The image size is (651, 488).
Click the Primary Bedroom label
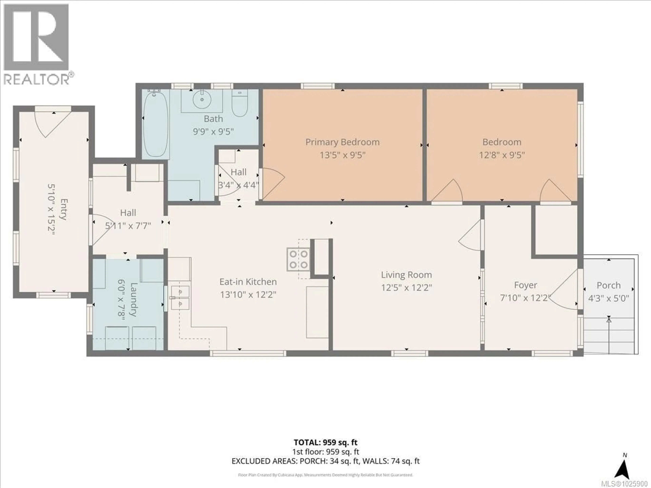(342, 142)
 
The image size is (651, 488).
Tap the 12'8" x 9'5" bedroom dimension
(502, 155)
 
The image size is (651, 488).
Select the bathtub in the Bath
(155, 124)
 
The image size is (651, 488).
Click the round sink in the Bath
(202, 99)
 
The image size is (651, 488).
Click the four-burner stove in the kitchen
(298, 259)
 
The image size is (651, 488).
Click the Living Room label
(406, 275)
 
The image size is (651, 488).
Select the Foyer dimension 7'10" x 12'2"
(525, 298)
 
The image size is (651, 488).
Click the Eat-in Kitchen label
(248, 282)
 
